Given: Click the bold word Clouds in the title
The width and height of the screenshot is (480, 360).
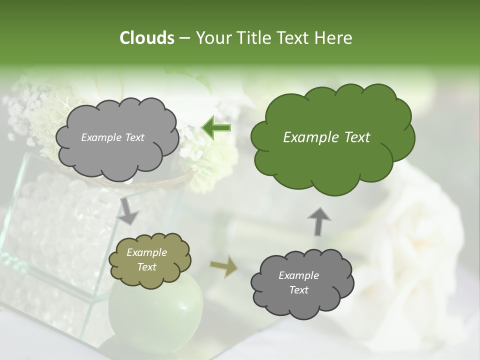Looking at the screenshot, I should pyautogui.click(x=146, y=38).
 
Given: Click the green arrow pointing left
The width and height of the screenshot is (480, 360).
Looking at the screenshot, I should pyautogui.click(x=216, y=127).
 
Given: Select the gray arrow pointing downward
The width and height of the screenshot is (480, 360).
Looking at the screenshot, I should pyautogui.click(x=128, y=210).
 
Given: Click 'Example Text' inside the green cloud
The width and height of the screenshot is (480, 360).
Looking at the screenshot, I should pyautogui.click(x=326, y=137).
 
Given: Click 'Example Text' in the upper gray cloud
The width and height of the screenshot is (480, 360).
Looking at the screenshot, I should pyautogui.click(x=112, y=137).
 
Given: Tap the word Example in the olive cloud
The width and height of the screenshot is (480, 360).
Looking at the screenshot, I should pyautogui.click(x=146, y=252).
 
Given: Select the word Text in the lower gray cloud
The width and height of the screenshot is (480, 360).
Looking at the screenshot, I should pyautogui.click(x=298, y=290).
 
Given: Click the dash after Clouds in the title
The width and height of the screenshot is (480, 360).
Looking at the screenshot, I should pyautogui.click(x=184, y=38).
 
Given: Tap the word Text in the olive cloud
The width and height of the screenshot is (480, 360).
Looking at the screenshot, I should pyautogui.click(x=146, y=267).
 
